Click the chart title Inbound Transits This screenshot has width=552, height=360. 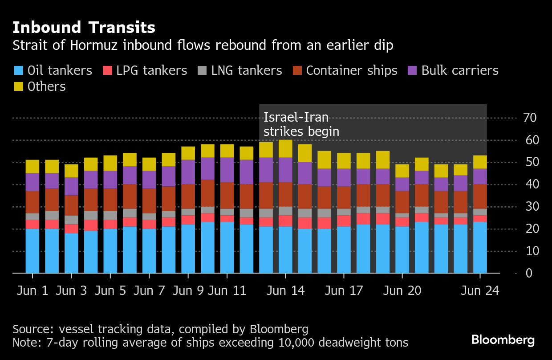click(x=84, y=28)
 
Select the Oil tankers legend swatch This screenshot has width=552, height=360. click(x=19, y=70)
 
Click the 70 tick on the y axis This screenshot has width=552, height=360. click(x=530, y=118)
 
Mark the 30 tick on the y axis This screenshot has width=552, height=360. click(x=530, y=207)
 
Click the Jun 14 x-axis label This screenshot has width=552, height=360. click(x=286, y=290)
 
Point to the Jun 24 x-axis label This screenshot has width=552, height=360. click(x=480, y=290)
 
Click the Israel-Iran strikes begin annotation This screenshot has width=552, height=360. click(x=301, y=125)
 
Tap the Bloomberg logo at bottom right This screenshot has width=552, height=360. click(x=503, y=340)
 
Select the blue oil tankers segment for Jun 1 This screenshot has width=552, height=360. click(x=32, y=251)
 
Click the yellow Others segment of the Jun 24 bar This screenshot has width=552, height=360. click(x=480, y=162)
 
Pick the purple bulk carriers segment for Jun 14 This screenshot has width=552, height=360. click(x=285, y=170)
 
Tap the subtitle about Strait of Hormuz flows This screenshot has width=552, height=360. click(x=203, y=45)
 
